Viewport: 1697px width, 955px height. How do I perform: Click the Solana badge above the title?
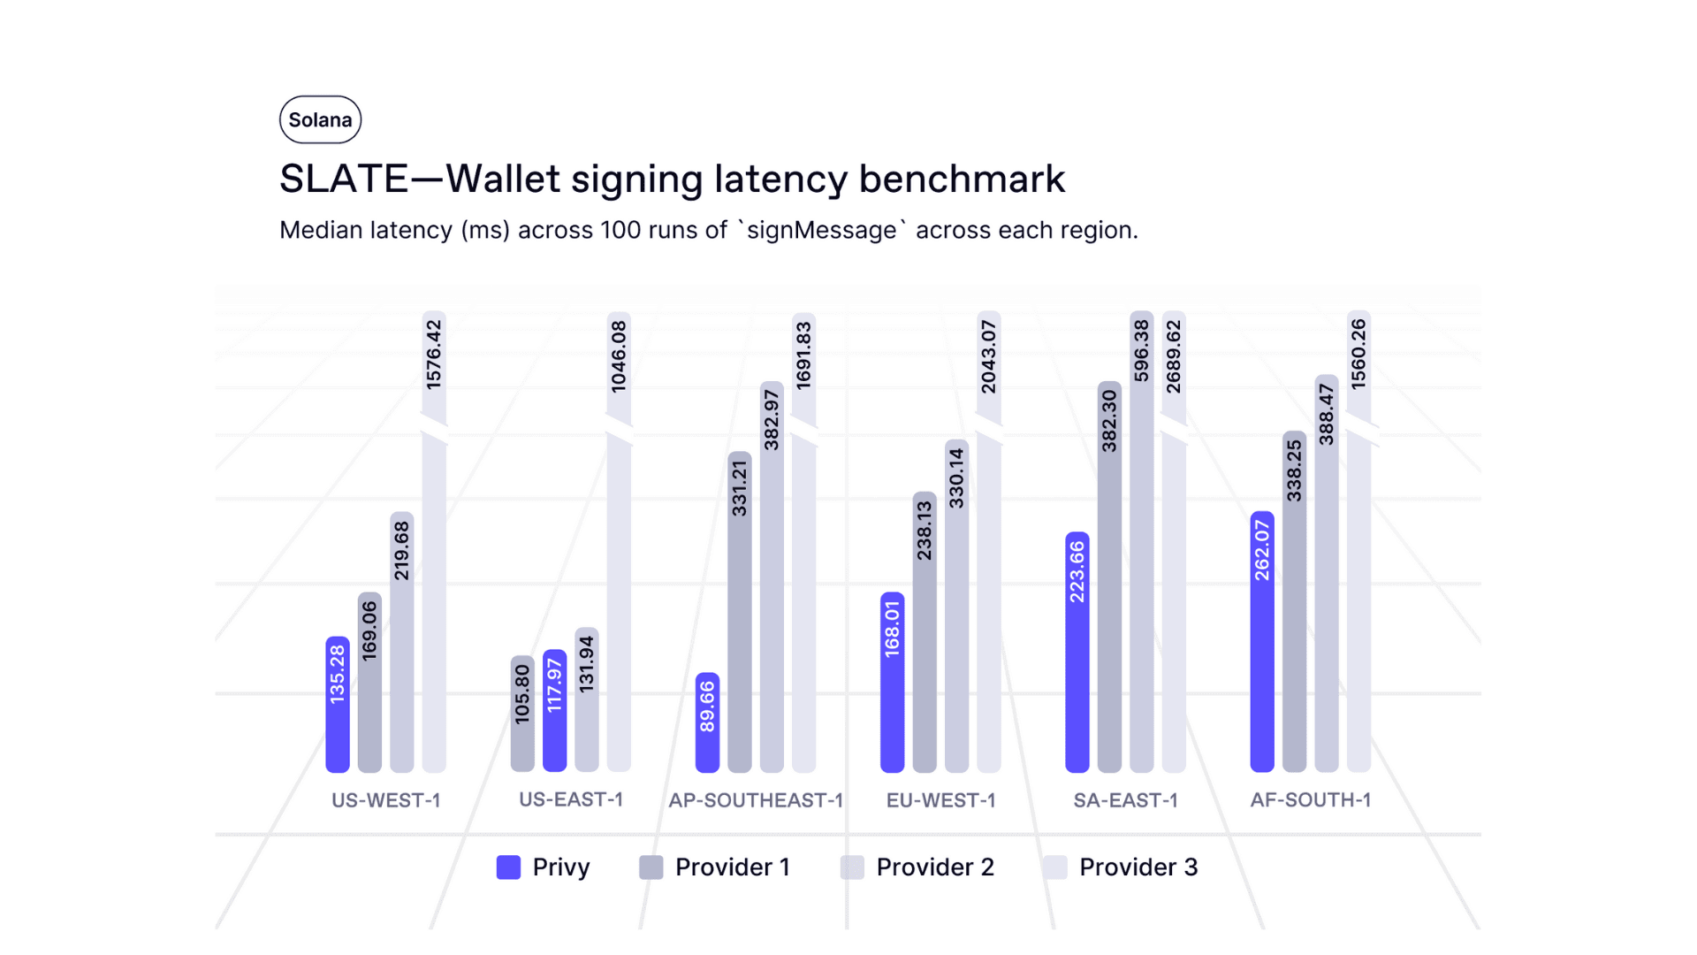320,119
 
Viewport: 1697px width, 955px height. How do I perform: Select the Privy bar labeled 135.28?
338,704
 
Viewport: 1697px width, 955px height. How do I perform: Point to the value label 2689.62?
1174,356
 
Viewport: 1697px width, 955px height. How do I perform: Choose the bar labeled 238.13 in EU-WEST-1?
925,631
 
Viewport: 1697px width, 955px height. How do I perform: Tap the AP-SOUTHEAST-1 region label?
756,800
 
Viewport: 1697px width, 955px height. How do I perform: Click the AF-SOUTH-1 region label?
1311,800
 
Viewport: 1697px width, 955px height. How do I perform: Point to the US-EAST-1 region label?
571,799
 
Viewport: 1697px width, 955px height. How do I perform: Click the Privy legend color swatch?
508,867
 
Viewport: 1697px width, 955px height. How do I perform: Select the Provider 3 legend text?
1138,867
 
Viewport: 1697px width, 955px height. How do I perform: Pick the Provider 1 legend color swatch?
651,867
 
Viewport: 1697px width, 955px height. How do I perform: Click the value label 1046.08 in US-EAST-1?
619,356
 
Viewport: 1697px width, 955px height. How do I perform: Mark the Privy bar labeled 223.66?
1077,652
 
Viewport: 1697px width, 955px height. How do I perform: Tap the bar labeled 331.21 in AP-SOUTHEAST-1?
740,612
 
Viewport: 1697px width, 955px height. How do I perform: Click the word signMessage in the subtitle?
822,231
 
